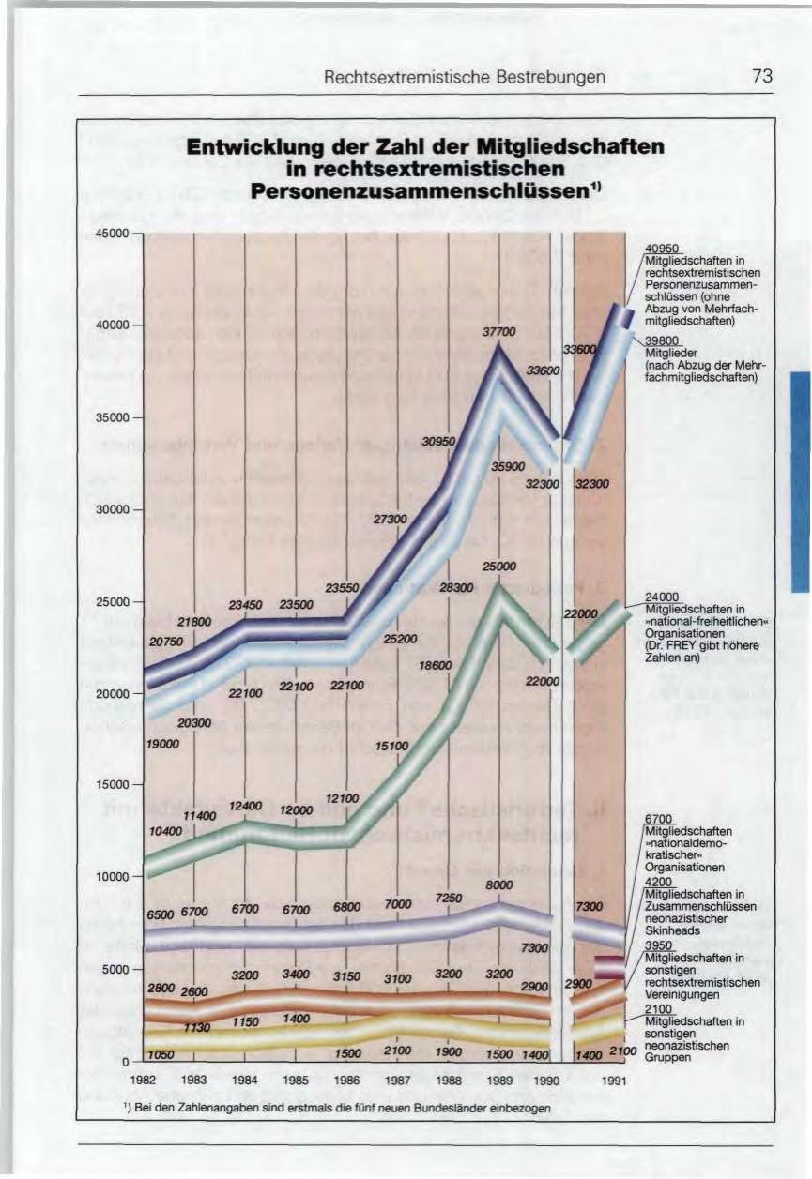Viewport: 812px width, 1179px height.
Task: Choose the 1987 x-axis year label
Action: click(x=398, y=1081)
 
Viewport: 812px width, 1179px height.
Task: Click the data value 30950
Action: click(x=439, y=441)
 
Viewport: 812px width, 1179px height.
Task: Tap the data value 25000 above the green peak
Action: click(x=499, y=567)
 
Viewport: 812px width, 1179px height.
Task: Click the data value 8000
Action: click(x=499, y=884)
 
